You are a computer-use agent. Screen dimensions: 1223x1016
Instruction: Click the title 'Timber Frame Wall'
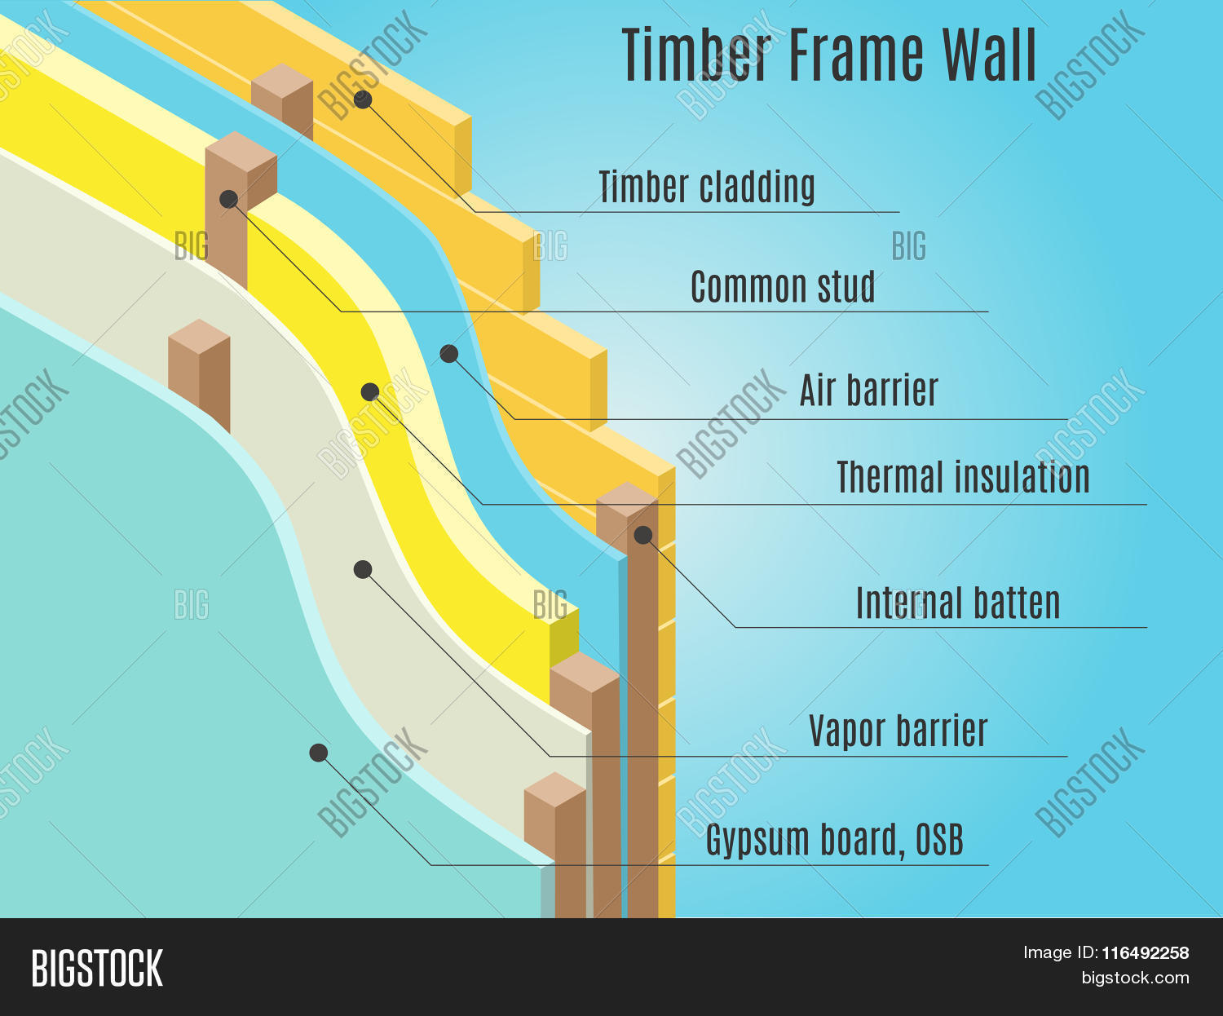click(829, 55)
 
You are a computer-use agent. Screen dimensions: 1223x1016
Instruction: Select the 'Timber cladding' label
click(707, 187)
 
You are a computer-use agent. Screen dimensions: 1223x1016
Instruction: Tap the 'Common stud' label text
click(783, 286)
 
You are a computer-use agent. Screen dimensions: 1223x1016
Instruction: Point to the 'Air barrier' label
click(869, 390)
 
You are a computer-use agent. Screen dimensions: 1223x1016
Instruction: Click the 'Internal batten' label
click(958, 603)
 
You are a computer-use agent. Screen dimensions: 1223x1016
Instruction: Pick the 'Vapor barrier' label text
click(898, 731)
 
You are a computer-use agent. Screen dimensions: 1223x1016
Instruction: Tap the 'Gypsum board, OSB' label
click(835, 840)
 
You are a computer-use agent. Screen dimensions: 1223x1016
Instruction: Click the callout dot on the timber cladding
click(363, 99)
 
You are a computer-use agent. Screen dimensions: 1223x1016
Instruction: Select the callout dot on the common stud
click(228, 199)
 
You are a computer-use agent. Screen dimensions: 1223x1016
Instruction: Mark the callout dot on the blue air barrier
click(449, 354)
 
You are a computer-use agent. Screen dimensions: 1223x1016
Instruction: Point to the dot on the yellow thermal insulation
click(370, 392)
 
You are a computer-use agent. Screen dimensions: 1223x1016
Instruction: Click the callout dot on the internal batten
click(643, 534)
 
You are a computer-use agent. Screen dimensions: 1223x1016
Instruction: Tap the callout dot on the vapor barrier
click(363, 569)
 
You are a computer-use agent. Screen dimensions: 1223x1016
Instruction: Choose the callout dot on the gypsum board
click(319, 753)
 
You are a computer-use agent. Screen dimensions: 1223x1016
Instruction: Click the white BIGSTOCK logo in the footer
click(97, 969)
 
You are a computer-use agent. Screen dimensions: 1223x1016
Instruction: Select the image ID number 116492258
click(1146, 953)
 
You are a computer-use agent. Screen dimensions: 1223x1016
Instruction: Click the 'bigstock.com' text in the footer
click(1135, 978)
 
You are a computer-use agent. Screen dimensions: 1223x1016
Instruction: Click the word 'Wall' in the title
click(990, 55)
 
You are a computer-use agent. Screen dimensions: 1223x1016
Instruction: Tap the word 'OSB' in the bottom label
click(939, 839)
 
